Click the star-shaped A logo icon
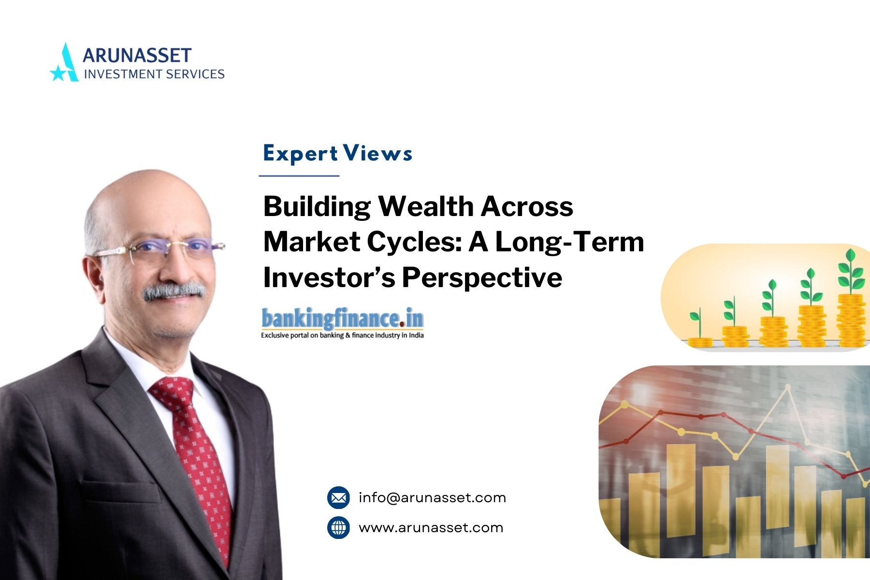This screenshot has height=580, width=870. pyautogui.click(x=64, y=62)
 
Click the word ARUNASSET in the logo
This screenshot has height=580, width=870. pyautogui.click(x=137, y=55)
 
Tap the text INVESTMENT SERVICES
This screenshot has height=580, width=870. pyautogui.click(x=154, y=74)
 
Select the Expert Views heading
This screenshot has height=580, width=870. pyautogui.click(x=337, y=154)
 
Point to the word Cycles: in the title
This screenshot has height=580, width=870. pyautogui.click(x=414, y=242)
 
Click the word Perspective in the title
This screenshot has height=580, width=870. pyautogui.click(x=482, y=278)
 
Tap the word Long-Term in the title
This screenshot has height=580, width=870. pyautogui.click(x=569, y=242)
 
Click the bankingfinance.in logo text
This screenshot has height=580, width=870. pyautogui.click(x=342, y=319)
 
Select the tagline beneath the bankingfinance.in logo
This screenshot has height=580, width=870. pyautogui.click(x=342, y=335)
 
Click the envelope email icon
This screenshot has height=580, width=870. pyautogui.click(x=338, y=497)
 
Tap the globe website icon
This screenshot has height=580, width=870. pyautogui.click(x=338, y=527)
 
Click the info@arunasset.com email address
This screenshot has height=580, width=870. pyautogui.click(x=432, y=497)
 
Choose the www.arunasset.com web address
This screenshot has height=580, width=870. pyautogui.click(x=431, y=528)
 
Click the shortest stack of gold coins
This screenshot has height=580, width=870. pyautogui.click(x=700, y=342)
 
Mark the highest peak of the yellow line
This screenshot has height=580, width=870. pyautogui.click(x=788, y=387)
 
